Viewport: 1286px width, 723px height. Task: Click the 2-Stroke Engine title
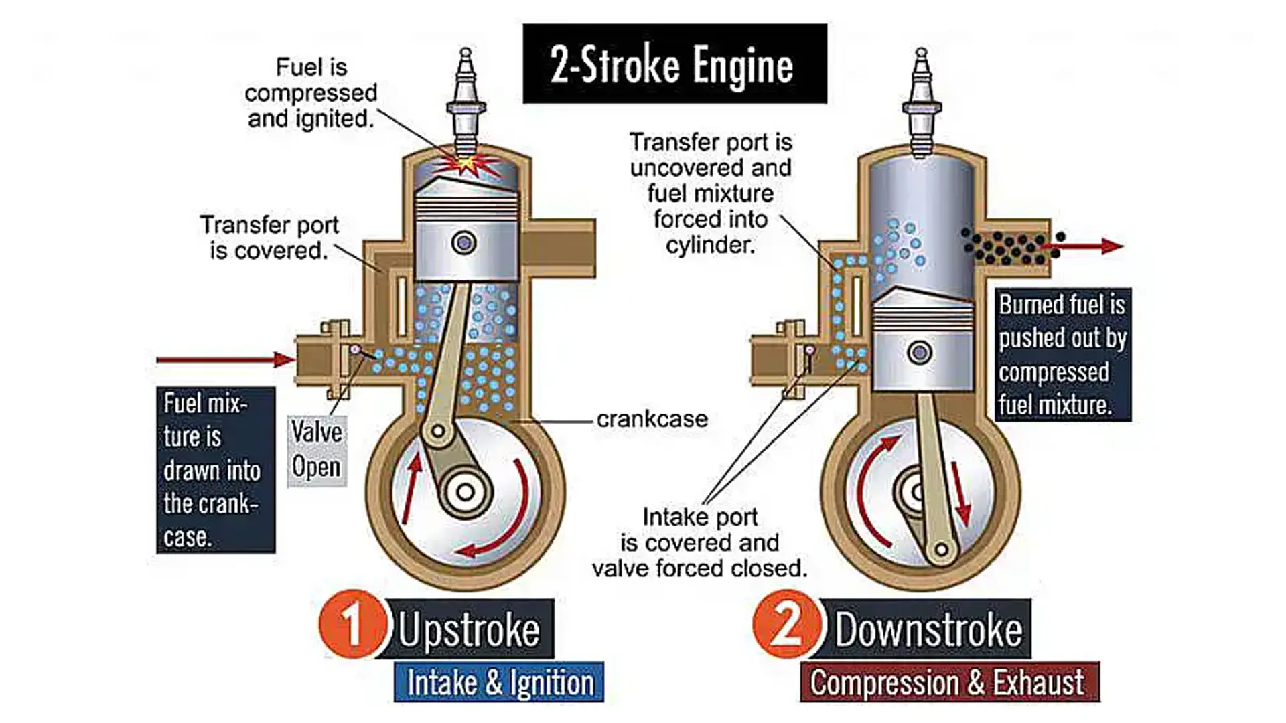[674, 64]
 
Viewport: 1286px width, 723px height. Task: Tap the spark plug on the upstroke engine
[466, 100]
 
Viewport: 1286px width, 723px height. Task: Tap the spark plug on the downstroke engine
[922, 100]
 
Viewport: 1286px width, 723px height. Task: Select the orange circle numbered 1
[352, 624]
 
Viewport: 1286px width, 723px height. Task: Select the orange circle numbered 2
[786, 624]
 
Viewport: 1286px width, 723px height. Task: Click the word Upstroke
[469, 630]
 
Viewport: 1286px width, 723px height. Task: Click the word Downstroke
[928, 630]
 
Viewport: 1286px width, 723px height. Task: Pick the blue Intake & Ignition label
[499, 682]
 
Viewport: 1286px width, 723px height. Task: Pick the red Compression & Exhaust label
[949, 682]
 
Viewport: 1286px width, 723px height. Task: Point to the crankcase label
[652, 420]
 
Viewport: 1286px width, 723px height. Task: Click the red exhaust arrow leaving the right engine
[1092, 246]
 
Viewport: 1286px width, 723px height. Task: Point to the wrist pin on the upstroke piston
[464, 242]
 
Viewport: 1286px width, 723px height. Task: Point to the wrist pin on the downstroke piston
[920, 352]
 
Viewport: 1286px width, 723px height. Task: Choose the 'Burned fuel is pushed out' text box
[1062, 355]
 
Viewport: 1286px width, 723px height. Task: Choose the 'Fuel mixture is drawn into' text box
[216, 470]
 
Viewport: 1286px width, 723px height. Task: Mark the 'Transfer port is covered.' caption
[269, 238]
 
